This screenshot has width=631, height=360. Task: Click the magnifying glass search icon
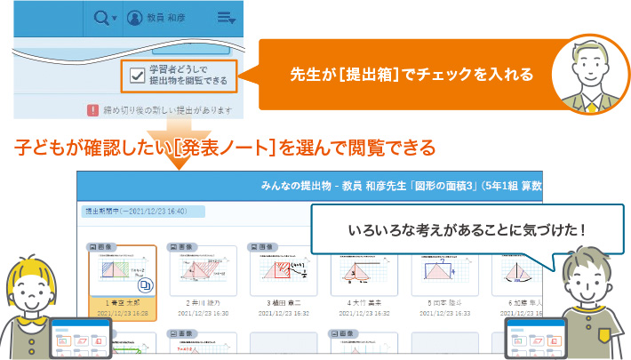point(102,17)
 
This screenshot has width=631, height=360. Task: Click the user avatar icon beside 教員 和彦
point(135,17)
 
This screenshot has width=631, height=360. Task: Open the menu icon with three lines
point(224,17)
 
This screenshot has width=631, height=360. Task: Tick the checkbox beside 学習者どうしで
point(137,76)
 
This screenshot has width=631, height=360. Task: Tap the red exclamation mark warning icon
point(92,111)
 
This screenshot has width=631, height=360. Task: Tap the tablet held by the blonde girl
point(81,338)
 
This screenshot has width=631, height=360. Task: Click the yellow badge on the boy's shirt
point(605,336)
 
